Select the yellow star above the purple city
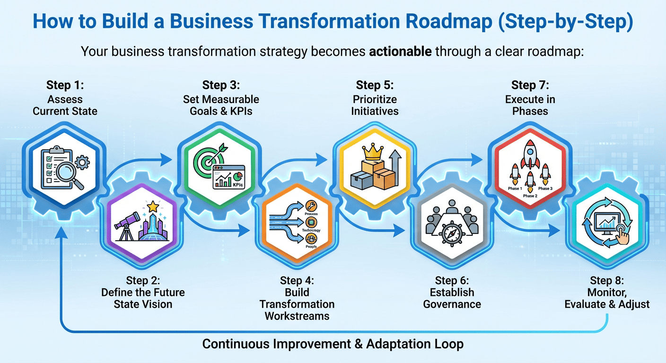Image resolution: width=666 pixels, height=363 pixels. coord(152,207)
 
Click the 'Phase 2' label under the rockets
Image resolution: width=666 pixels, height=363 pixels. coord(530,196)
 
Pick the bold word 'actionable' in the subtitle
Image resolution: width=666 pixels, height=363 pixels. coord(400,51)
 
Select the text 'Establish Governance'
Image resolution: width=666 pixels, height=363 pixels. coord(452,298)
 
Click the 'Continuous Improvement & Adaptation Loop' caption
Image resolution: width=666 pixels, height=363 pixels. coord(333,344)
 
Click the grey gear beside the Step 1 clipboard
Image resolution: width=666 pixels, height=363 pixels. coord(82,164)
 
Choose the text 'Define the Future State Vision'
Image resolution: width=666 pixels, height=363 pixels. coord(143,298)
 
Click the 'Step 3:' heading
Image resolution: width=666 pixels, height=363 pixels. coord(221,85)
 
